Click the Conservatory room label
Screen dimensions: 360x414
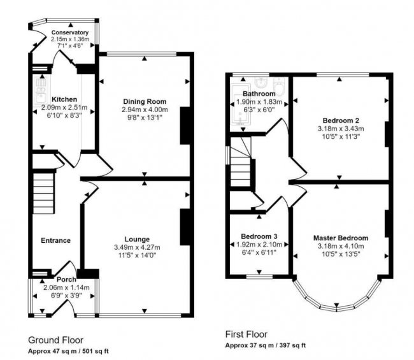pyautogui.click(x=69, y=32)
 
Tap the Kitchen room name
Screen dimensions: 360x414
pyautogui.click(x=64, y=99)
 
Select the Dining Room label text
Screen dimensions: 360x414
pyautogui.click(x=145, y=101)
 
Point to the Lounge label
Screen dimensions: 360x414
pyautogui.click(x=137, y=240)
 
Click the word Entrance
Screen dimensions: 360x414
pyautogui.click(x=55, y=240)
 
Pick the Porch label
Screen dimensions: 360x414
pyautogui.click(x=66, y=279)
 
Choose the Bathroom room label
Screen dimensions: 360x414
pyautogui.click(x=259, y=94)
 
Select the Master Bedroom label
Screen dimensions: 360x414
pyautogui.click(x=341, y=238)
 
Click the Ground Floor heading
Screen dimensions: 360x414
pyautogui.click(x=56, y=340)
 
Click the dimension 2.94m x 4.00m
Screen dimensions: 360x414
pyautogui.click(x=145, y=110)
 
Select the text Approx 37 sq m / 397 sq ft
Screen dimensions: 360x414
pyautogui.click(x=266, y=345)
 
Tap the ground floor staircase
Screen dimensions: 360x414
pyautogui.click(x=44, y=189)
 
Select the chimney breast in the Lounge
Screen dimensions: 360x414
pyautogui.click(x=186, y=227)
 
